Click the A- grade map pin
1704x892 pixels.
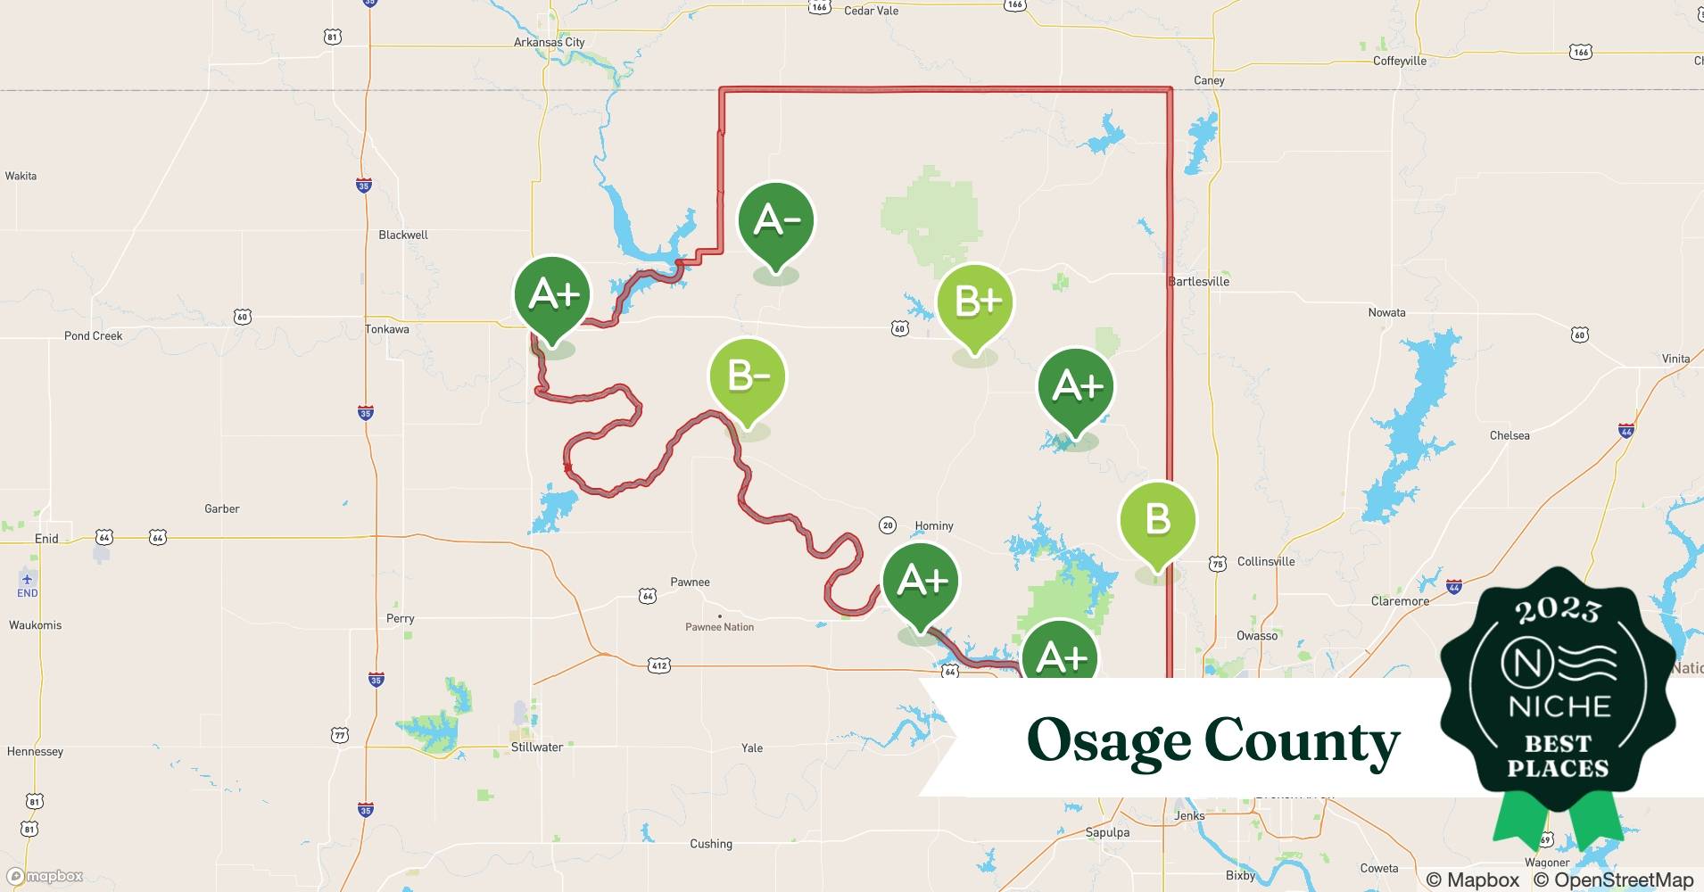click(x=775, y=221)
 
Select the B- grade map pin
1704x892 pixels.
click(x=747, y=377)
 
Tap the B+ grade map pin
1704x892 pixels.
click(x=975, y=301)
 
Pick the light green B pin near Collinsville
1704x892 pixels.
click(x=1157, y=520)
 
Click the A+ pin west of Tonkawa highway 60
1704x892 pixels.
click(x=552, y=295)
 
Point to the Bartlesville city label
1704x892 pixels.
click(x=1198, y=281)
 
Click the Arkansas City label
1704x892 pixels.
click(x=549, y=42)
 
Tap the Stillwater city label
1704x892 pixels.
click(x=536, y=747)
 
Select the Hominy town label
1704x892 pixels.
click(x=934, y=525)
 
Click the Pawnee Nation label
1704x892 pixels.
click(x=719, y=627)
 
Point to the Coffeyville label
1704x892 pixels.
click(x=1399, y=61)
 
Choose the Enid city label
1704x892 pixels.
click(x=46, y=538)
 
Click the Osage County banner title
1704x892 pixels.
click(x=1213, y=740)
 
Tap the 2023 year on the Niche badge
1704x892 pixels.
click(x=1558, y=609)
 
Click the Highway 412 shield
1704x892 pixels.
click(x=658, y=665)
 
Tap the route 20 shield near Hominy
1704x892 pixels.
click(x=887, y=524)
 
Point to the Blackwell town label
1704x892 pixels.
click(x=402, y=235)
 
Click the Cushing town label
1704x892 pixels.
click(x=710, y=843)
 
